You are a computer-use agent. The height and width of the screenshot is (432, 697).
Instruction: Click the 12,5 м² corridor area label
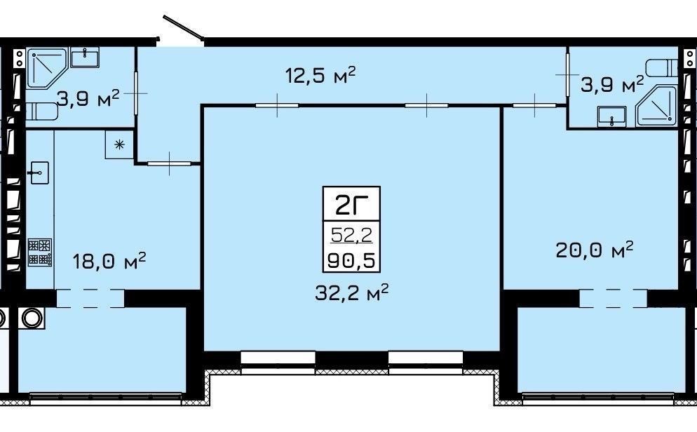[x=320, y=75]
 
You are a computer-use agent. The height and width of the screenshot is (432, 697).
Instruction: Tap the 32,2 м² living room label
[x=352, y=292]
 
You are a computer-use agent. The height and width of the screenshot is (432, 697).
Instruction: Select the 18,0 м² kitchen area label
[x=109, y=260]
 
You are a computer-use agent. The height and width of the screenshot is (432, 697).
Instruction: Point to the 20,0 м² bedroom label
[x=595, y=250]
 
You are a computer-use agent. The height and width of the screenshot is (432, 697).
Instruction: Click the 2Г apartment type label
[x=351, y=205]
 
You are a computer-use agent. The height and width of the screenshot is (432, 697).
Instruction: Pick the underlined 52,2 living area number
[x=351, y=235]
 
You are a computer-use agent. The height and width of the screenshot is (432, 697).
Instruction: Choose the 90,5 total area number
[x=351, y=260]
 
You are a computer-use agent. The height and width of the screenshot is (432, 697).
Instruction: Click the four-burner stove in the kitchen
[x=40, y=252]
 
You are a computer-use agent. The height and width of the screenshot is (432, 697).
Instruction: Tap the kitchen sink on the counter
[x=39, y=173]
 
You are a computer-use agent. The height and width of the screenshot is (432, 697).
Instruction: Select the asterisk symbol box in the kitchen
[x=119, y=144]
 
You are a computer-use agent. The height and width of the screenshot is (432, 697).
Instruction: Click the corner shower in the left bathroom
[x=46, y=68]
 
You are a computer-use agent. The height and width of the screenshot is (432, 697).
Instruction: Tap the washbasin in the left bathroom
[x=85, y=58]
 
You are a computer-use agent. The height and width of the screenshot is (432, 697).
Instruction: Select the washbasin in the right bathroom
[x=611, y=116]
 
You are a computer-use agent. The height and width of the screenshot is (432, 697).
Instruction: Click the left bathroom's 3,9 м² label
[x=88, y=98]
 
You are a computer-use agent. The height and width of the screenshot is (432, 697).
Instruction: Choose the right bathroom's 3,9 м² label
[x=612, y=84]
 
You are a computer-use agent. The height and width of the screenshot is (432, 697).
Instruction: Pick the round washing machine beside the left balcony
[x=31, y=318]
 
